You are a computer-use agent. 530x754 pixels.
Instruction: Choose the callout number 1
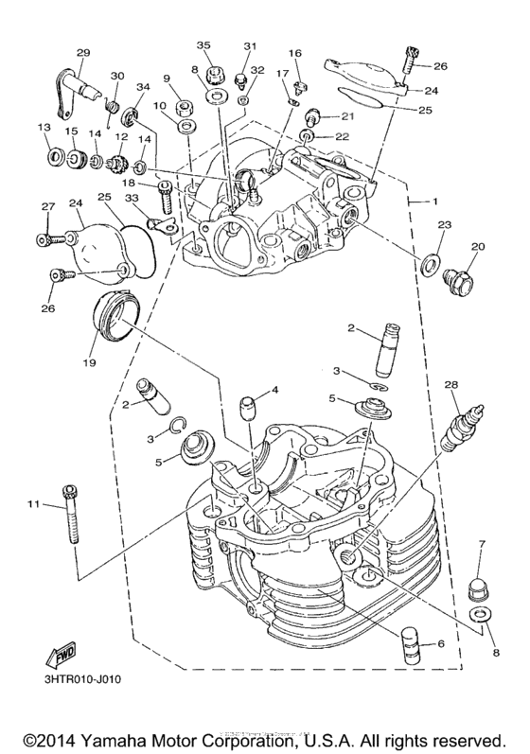point(434,202)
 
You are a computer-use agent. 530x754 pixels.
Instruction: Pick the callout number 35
point(203,45)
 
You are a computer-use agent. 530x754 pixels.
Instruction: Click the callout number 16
point(294,53)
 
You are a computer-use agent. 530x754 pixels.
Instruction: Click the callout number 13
point(44,129)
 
